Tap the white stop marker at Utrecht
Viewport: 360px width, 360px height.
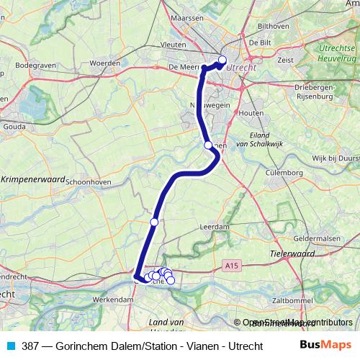coord(222,60)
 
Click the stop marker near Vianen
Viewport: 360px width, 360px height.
coord(208,145)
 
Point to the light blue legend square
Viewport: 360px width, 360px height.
coord(10,345)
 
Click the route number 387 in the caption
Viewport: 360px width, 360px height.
coord(31,345)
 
